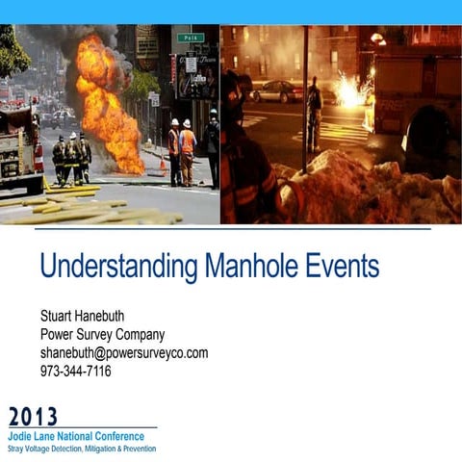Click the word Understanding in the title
[x=114, y=267]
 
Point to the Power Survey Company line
[x=102, y=335]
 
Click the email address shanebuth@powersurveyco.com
[x=123, y=352]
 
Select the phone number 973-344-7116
[x=75, y=370]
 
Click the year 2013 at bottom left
[x=33, y=417]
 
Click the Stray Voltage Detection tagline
[x=81, y=449]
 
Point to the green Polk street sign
[x=191, y=38]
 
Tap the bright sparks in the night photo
[x=350, y=91]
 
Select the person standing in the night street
[x=314, y=111]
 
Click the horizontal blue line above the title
[x=231, y=228]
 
